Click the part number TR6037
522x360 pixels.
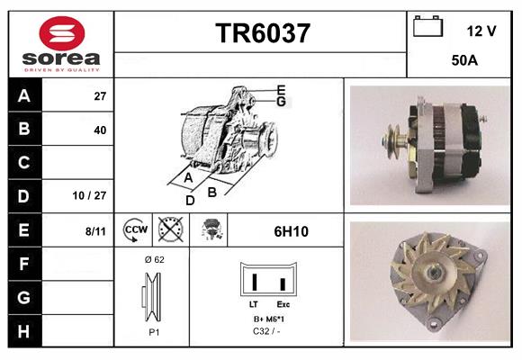point(263,33)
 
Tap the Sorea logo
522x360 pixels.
point(59,42)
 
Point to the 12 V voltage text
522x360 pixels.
point(481,31)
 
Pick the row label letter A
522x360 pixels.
point(23,95)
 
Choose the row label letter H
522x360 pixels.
point(23,331)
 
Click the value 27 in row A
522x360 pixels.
point(100,95)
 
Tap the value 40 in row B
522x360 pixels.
point(100,130)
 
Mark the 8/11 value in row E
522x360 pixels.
point(95,230)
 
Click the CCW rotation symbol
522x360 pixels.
point(134,229)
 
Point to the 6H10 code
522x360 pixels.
point(291,230)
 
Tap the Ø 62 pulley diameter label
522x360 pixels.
point(154,259)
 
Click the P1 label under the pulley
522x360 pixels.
point(154,332)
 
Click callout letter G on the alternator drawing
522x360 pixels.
point(282,102)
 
